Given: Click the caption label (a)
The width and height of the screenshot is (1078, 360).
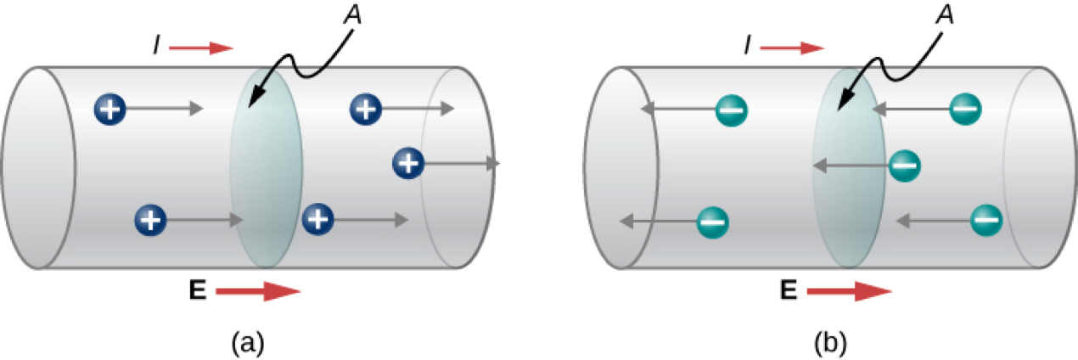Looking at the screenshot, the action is click(x=248, y=342).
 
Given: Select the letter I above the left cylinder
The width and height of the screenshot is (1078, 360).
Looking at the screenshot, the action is click(x=156, y=48).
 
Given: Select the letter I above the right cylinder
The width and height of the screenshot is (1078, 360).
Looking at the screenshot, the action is click(x=748, y=48).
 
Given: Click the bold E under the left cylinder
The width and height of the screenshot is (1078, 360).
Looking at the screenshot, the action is click(x=197, y=291).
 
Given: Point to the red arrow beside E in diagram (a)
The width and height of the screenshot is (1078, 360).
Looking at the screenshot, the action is click(x=258, y=291).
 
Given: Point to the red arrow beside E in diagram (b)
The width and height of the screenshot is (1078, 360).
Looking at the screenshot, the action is click(x=849, y=291).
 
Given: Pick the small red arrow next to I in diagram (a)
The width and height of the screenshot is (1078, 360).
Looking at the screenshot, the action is click(x=200, y=48).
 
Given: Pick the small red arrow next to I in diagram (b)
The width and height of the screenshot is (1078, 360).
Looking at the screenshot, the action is click(x=792, y=48).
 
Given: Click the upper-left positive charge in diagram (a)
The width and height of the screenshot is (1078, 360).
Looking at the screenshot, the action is click(x=111, y=108).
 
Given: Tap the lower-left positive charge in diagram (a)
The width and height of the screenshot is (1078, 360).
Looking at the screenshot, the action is click(x=150, y=221).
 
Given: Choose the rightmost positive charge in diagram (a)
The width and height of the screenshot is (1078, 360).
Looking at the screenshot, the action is click(x=408, y=162).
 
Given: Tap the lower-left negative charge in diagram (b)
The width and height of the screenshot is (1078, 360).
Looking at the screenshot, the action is click(x=712, y=222).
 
